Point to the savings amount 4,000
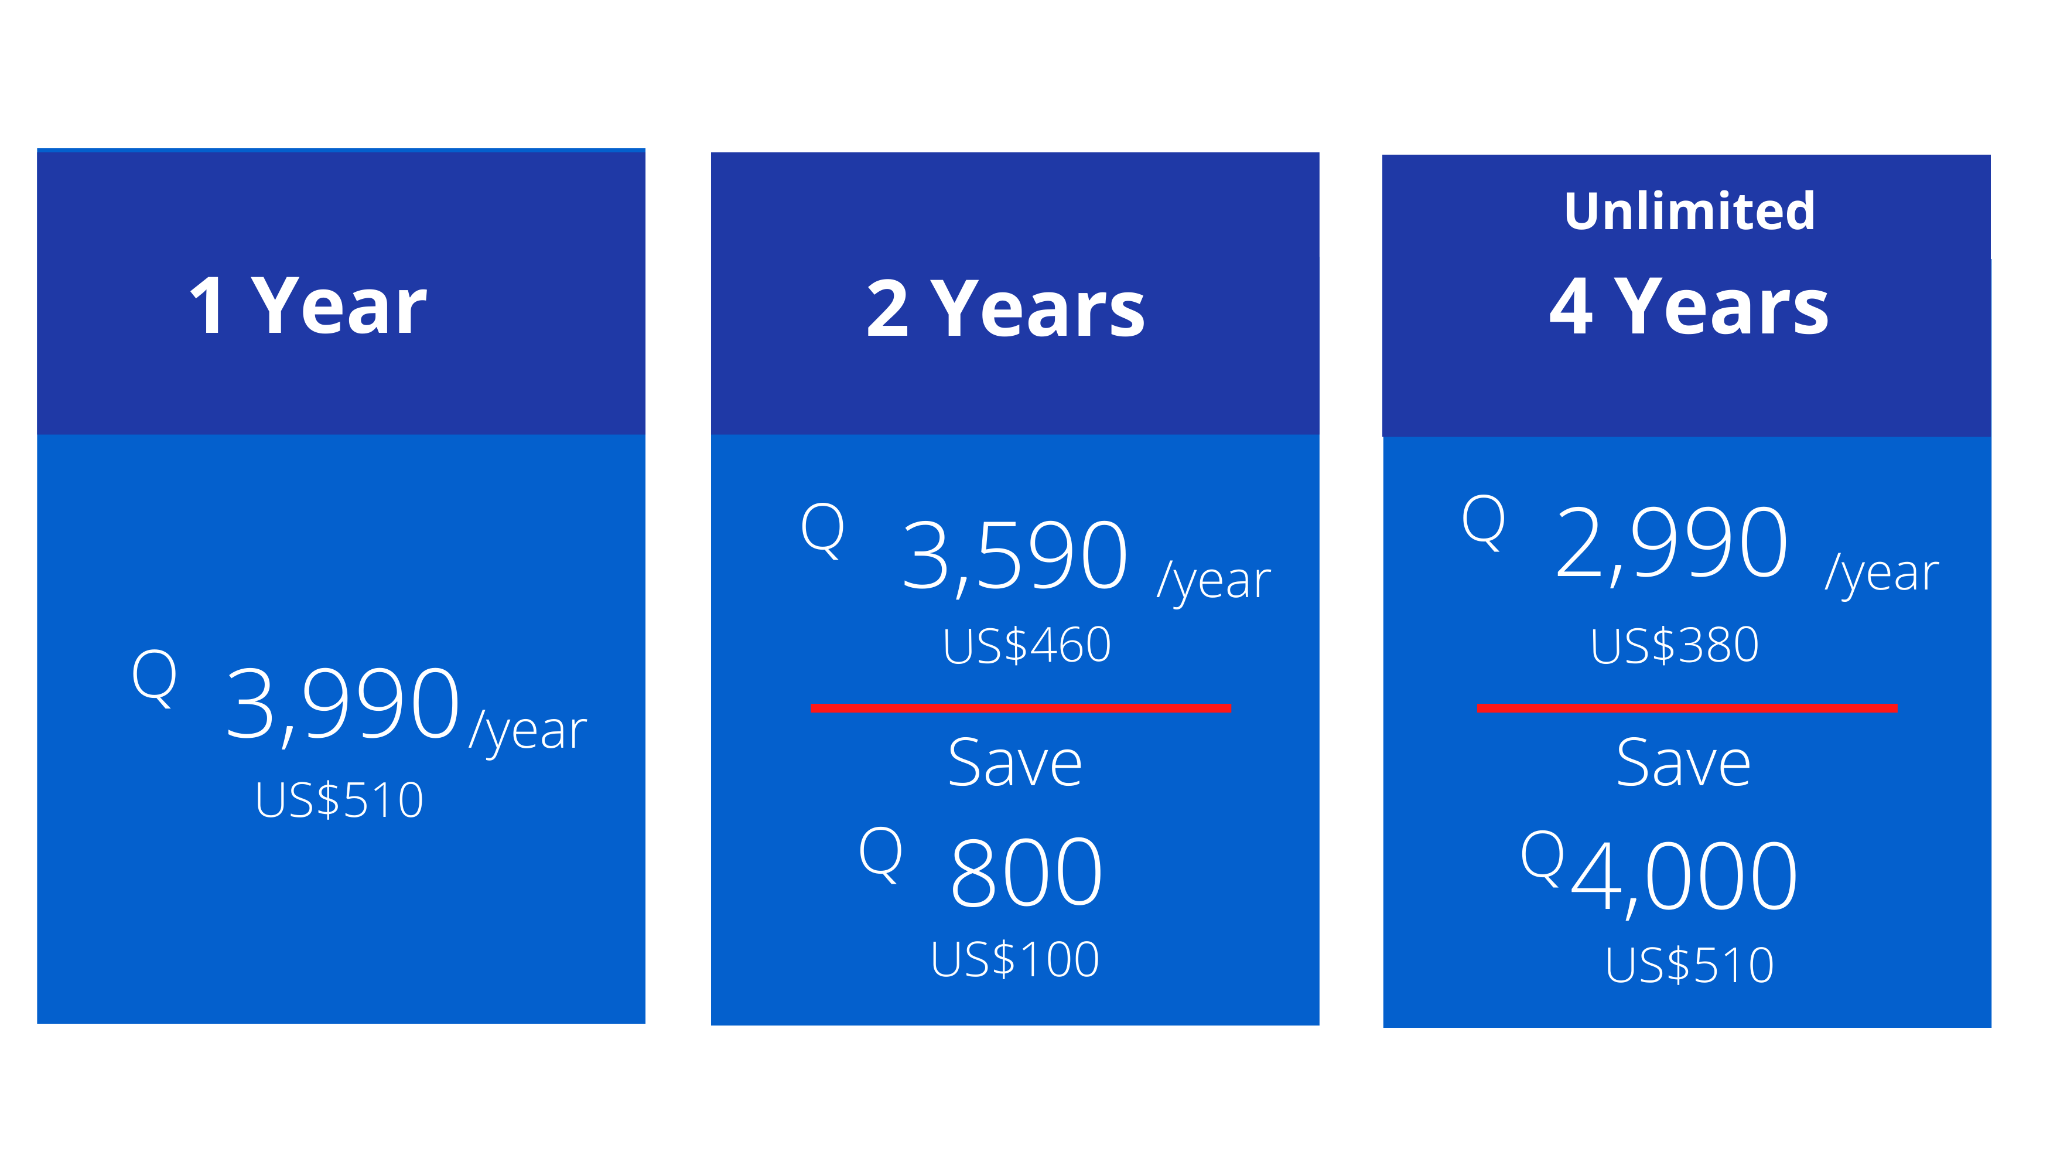[1684, 877]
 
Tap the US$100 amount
[1014, 959]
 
